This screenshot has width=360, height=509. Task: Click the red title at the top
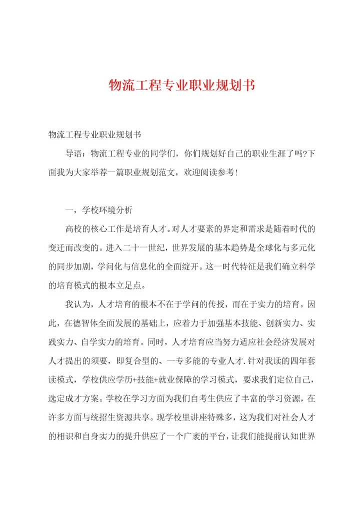(182, 85)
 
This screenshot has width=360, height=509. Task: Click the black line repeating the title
(94, 135)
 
